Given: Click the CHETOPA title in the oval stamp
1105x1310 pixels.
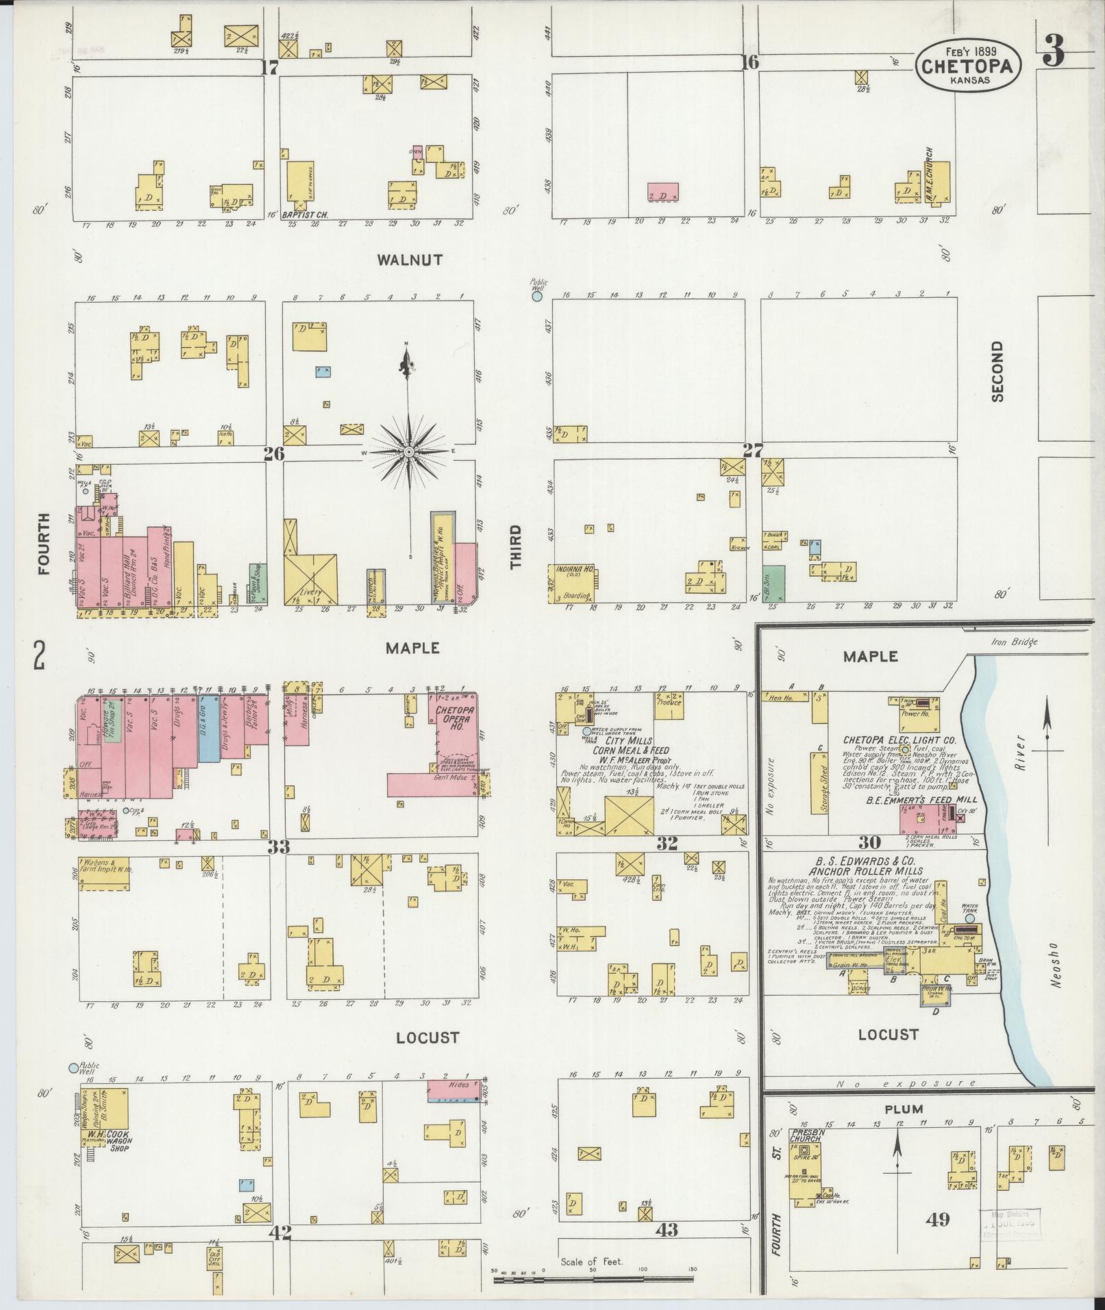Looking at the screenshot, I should (969, 66).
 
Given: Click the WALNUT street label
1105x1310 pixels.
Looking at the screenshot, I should (409, 260).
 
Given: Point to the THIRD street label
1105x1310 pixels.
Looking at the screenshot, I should (515, 546).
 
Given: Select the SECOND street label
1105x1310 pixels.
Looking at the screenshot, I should (996, 370).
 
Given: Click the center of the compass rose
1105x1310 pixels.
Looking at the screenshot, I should (408, 452).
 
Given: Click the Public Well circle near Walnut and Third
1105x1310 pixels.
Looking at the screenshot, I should (537, 297).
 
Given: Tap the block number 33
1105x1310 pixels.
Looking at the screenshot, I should (278, 847).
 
